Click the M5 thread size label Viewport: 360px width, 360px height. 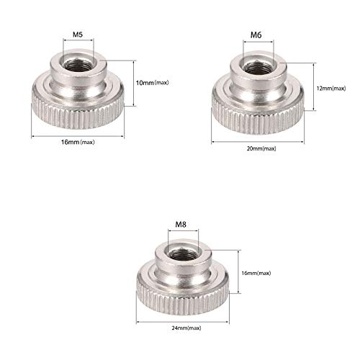coord(78,35)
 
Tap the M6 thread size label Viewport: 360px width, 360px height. coord(256,35)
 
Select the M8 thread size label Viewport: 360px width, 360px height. coord(181,225)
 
